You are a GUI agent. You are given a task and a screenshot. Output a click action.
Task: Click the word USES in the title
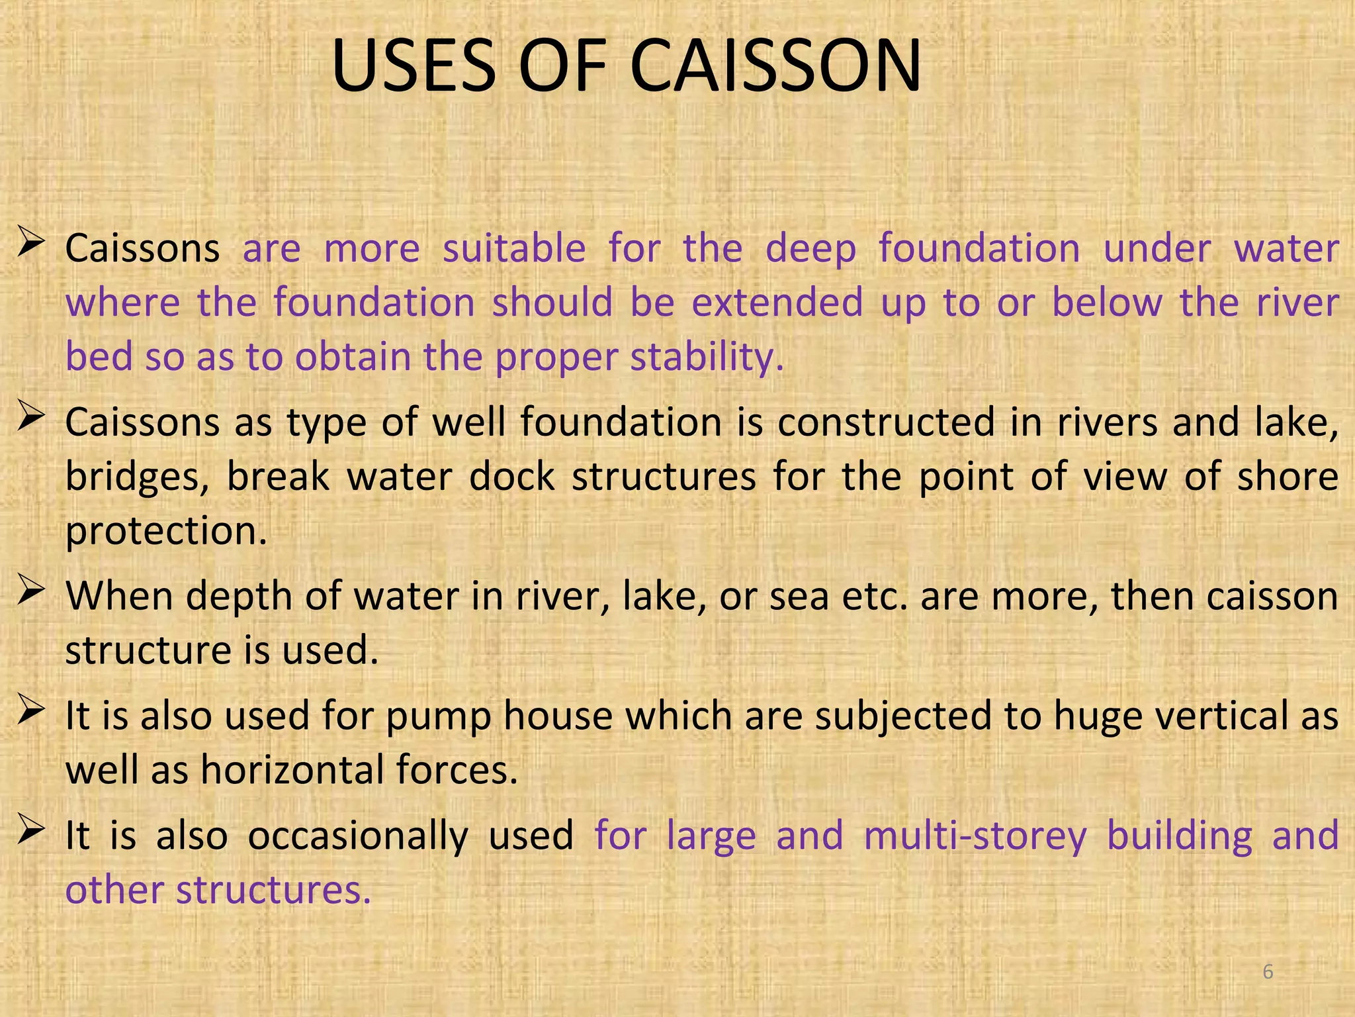click(413, 66)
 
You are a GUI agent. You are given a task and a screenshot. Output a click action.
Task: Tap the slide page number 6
click(1268, 972)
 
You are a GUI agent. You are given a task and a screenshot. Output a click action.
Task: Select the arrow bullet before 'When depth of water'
click(31, 589)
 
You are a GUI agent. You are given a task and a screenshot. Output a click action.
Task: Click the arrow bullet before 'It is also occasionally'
click(31, 829)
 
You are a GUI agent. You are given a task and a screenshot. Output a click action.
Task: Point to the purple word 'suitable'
click(514, 249)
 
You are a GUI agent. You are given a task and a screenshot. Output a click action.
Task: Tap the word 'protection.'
click(166, 531)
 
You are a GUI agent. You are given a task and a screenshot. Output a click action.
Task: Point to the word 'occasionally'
click(358, 836)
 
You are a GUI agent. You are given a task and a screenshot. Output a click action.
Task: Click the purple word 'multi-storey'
click(975, 836)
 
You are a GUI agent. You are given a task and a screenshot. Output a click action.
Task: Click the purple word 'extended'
click(777, 303)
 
